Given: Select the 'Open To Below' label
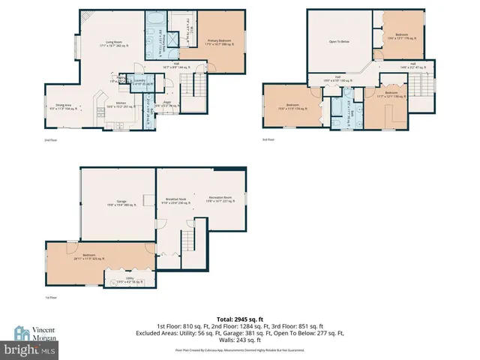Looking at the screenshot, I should point(340,42).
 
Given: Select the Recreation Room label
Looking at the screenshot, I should point(220,199).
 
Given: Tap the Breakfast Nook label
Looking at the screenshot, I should point(176,200).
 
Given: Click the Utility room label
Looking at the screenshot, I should point(131,280).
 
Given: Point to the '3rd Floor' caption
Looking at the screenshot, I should point(268,139).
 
